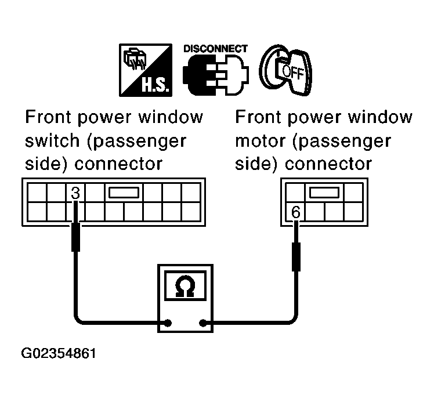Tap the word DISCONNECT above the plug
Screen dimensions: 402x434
tap(215, 48)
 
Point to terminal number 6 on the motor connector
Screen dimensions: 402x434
tap(296, 212)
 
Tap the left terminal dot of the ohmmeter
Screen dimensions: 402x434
tap(168, 323)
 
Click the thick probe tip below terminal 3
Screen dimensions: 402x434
tap(75, 237)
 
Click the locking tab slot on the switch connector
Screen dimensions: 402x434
tap(123, 193)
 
